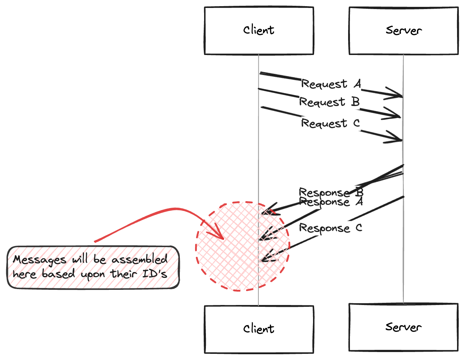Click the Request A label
coord(331,84)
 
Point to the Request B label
coord(329,102)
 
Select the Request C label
coord(330,123)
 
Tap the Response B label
coord(331,192)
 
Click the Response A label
coord(331,202)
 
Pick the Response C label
coord(330,228)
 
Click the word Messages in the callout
coord(40,260)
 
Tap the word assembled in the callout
coord(139,259)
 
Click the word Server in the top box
coord(403,30)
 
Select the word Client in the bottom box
coord(259,329)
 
